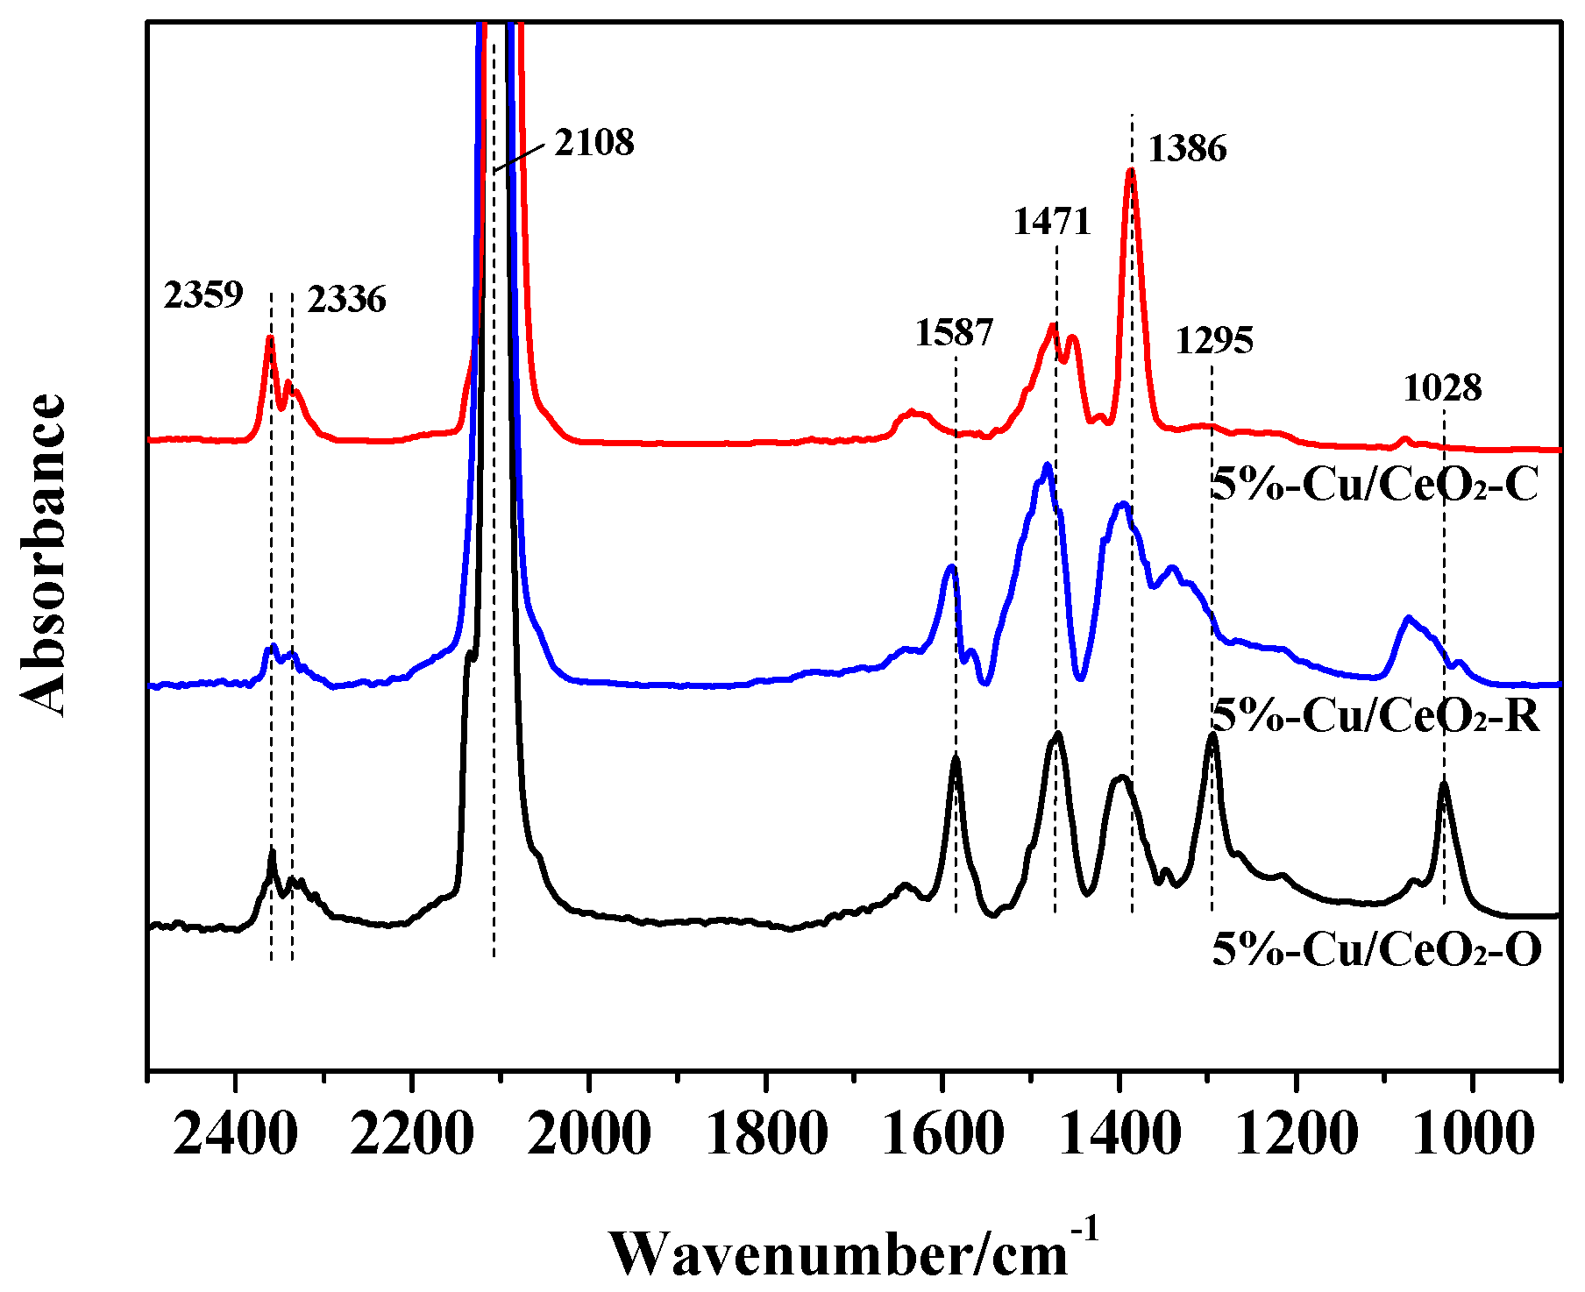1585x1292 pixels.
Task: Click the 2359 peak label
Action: (x=203, y=295)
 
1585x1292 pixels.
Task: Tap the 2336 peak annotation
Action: (x=346, y=300)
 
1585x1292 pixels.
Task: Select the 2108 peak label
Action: (x=593, y=142)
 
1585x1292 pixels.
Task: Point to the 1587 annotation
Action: (x=954, y=333)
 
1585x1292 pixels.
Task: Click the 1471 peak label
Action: (x=1052, y=222)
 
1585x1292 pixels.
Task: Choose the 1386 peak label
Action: (x=1187, y=149)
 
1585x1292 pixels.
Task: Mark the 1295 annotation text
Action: (x=1214, y=340)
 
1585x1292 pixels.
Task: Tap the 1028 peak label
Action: (x=1442, y=387)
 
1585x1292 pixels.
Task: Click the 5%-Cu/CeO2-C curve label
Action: (x=1375, y=485)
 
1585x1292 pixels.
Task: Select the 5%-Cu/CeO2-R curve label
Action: (x=1375, y=716)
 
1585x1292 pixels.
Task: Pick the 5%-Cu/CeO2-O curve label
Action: (x=1376, y=949)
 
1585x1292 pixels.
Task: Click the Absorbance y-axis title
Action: (x=42, y=554)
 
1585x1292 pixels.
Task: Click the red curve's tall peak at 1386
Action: (x=1131, y=172)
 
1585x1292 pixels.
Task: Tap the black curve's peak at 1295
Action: (x=1212, y=736)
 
